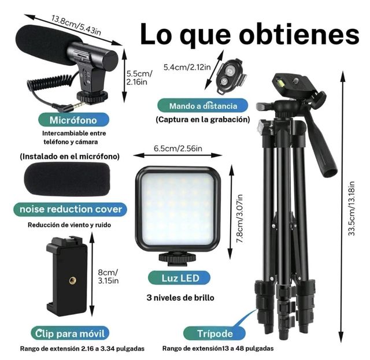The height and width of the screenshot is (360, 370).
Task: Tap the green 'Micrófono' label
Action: (x=72, y=120)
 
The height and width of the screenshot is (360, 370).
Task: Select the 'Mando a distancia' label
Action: (x=203, y=106)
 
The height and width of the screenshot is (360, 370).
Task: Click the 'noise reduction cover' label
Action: (x=71, y=209)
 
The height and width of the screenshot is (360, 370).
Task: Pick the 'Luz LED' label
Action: (x=179, y=278)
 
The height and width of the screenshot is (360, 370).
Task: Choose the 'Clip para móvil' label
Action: (x=69, y=333)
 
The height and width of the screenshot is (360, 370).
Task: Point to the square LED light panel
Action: (x=178, y=207)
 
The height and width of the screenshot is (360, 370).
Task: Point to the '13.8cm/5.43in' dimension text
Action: (x=77, y=23)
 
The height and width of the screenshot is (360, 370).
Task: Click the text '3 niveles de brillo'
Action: (x=180, y=298)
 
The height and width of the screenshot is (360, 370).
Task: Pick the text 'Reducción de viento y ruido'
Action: (x=69, y=225)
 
